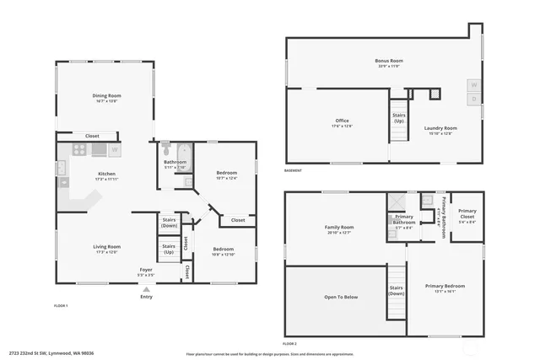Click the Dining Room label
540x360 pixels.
click(106, 96)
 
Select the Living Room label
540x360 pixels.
click(106, 246)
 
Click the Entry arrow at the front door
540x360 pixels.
click(146, 289)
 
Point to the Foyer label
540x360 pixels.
click(146, 270)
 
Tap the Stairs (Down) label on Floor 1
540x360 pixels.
click(169, 222)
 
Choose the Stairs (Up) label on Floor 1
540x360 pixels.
click(169, 249)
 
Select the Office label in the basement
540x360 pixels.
click(342, 121)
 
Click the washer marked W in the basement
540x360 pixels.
click(474, 85)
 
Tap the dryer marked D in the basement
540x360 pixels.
click(474, 99)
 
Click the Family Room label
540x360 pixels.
click(339, 227)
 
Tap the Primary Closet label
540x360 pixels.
click(467, 218)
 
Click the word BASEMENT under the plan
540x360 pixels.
click(293, 170)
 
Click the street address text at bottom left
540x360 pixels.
click(51, 352)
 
